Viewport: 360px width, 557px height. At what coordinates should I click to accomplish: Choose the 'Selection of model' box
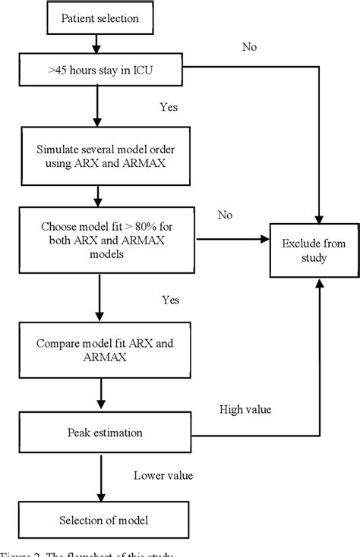[104, 521]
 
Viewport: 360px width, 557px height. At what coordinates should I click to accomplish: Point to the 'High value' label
[245, 410]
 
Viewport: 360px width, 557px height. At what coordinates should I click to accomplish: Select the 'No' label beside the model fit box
[225, 215]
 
